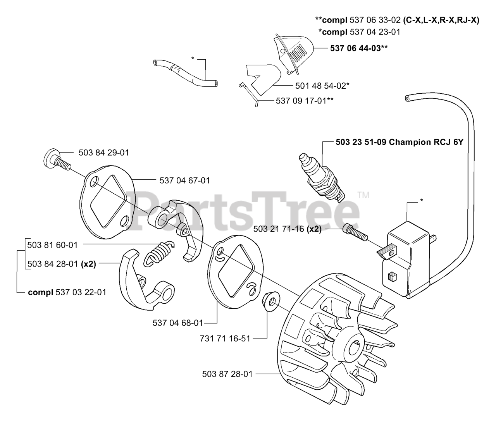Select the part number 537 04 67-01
pos(185,181)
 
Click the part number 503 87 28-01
pos(227,374)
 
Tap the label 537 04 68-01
pos(178,323)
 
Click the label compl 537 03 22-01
pos(67,292)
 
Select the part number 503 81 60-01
pos(53,245)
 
